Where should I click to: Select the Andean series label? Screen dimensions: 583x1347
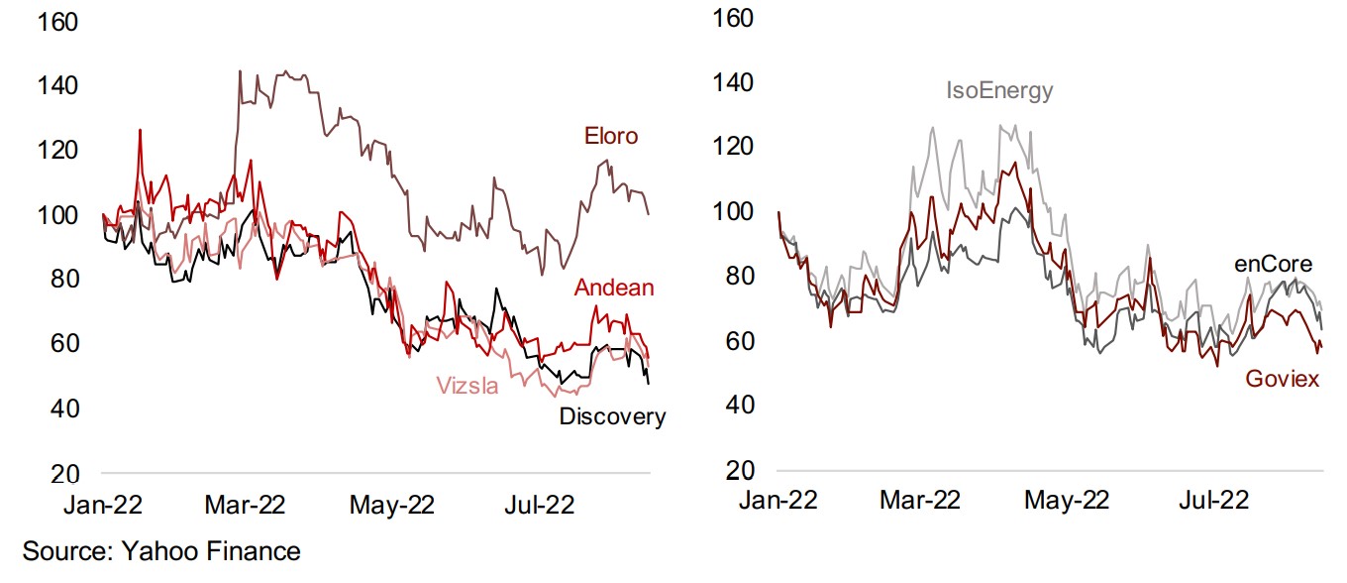click(x=614, y=289)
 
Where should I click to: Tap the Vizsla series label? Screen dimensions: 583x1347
click(x=466, y=386)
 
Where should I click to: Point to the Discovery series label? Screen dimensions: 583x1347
click(x=612, y=417)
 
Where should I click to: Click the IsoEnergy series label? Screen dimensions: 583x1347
click(x=999, y=91)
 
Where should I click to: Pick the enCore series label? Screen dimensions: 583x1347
click(x=1273, y=265)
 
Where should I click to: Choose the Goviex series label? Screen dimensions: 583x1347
click(x=1283, y=380)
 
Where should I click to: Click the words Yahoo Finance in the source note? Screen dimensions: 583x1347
click(x=211, y=551)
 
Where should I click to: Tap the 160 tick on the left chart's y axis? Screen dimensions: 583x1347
click(x=56, y=22)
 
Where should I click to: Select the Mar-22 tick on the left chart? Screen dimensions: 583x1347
click(x=245, y=505)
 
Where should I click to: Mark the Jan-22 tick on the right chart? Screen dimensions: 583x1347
click(x=777, y=500)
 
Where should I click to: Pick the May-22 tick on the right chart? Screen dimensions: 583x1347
click(x=1068, y=500)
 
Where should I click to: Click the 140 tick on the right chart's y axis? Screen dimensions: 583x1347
click(x=734, y=83)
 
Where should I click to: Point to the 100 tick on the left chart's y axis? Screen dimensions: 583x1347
click(x=56, y=215)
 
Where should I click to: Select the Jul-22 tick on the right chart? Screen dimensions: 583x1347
click(x=1209, y=500)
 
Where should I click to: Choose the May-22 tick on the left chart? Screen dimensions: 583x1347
click(x=391, y=505)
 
